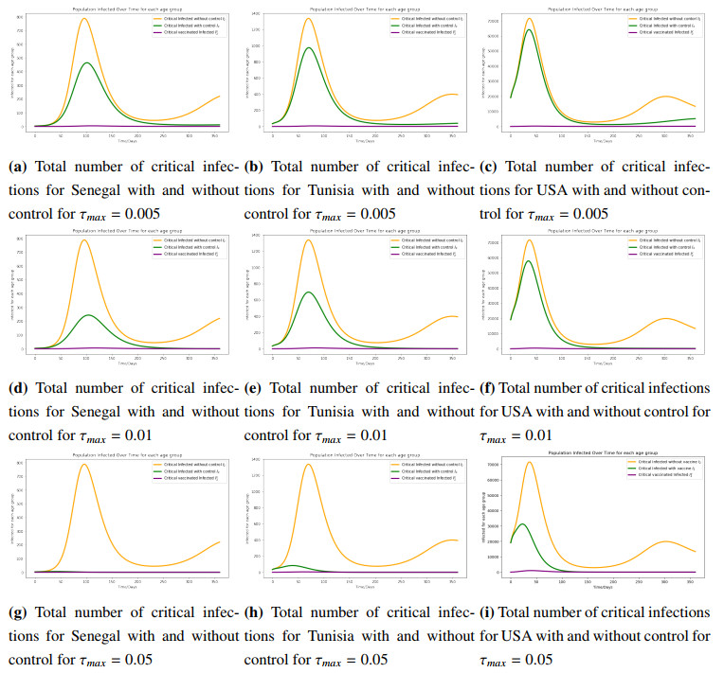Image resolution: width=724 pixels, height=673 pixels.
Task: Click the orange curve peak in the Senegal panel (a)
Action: tap(85, 18)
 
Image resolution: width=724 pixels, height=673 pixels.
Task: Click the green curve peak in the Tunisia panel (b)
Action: tap(309, 47)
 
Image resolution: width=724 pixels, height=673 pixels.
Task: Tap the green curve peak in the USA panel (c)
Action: tap(528, 29)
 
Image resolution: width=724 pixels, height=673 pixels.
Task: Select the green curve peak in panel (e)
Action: tap(309, 292)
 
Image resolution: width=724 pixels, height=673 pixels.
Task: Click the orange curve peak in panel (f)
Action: tap(530, 240)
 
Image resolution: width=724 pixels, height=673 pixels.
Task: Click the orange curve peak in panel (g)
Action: tap(85, 464)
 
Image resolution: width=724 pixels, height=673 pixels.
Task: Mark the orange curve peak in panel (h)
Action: tap(309, 464)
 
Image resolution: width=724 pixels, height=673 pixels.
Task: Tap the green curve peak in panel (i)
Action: tap(521, 524)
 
